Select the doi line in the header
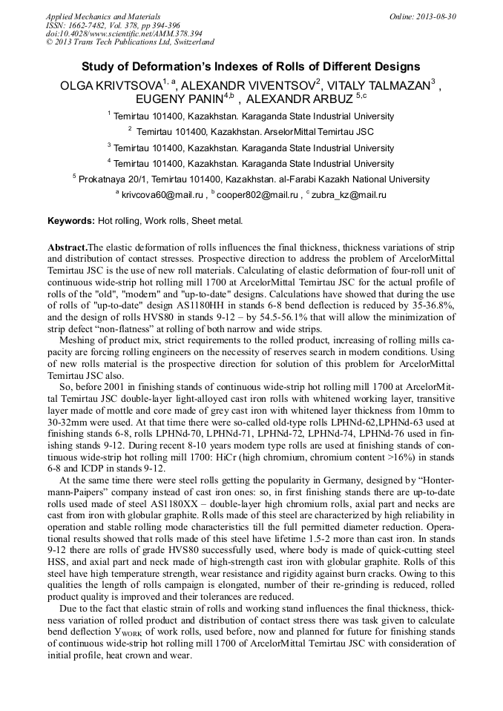pos(124,34)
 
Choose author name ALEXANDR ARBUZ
pos(299,99)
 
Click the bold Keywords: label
pos(71,221)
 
